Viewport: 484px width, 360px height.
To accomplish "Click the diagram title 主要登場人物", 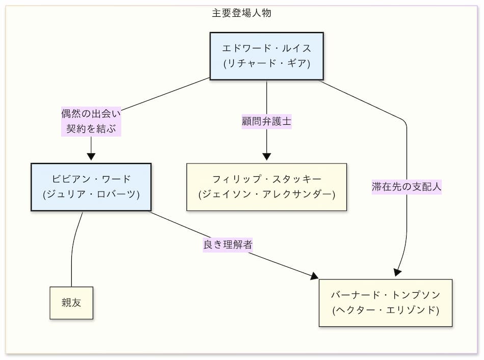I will coord(241,14).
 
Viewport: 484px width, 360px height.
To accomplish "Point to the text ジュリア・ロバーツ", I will coord(91,195).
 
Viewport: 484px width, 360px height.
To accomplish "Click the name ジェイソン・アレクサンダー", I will coord(266,195).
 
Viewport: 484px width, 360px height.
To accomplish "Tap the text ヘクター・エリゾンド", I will coord(385,310).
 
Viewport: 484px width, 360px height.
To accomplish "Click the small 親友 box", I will coord(71,303).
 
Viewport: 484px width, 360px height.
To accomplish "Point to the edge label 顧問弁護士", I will coord(266,122).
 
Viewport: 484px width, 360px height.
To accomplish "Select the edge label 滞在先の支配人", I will coord(407,187).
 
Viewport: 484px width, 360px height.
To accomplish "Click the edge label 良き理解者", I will coord(227,244).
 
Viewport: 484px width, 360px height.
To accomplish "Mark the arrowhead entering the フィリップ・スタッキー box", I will coord(266,157).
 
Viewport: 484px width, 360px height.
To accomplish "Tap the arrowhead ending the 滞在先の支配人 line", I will coord(398,273).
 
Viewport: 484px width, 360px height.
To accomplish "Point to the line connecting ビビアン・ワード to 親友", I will coord(72,250).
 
